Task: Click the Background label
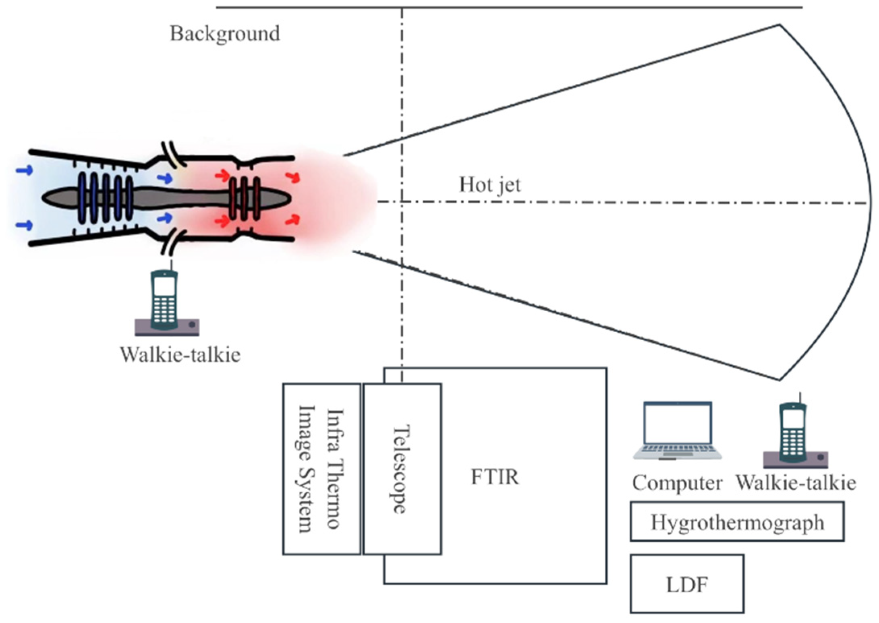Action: [224, 34]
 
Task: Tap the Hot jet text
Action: [489, 185]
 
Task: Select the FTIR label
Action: [495, 477]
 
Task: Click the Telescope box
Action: [402, 469]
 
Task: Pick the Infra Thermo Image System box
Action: [321, 469]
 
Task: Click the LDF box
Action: [686, 584]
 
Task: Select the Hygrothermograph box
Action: [737, 522]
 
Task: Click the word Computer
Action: [677, 483]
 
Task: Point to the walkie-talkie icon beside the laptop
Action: [794, 435]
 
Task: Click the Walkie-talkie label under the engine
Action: [180, 355]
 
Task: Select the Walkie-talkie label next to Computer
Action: [796, 483]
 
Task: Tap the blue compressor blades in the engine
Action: [106, 198]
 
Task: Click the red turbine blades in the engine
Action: [244, 198]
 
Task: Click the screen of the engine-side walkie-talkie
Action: [164, 286]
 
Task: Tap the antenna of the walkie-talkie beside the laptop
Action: [800, 398]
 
